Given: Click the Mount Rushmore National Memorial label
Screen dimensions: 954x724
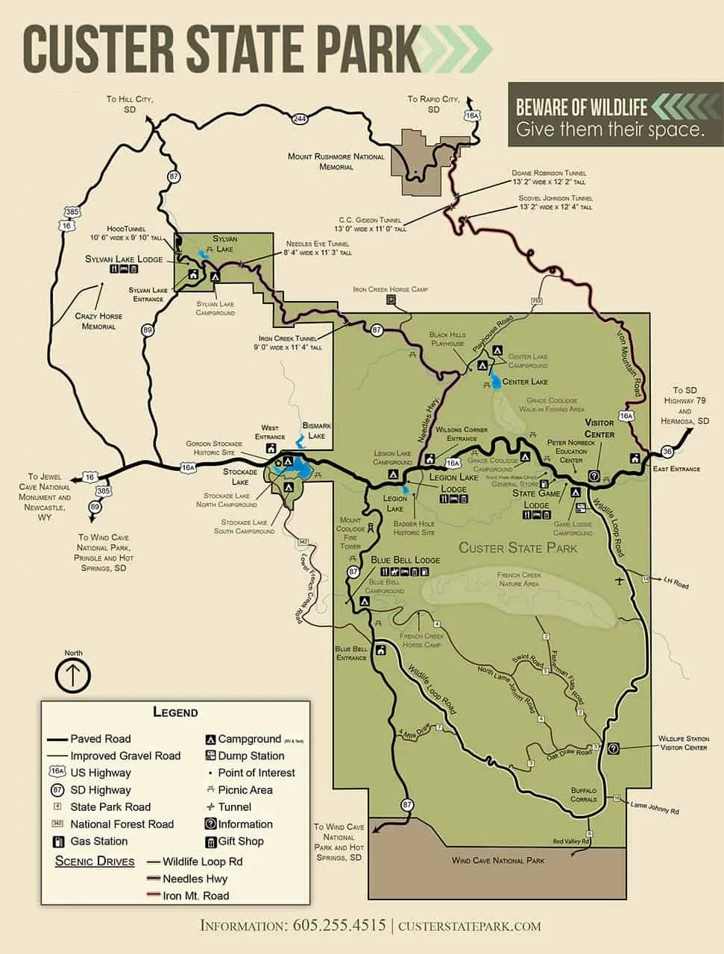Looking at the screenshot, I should (336, 162).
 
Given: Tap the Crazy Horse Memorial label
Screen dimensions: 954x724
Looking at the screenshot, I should (99, 321).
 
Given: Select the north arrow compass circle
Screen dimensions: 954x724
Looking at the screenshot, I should (73, 675).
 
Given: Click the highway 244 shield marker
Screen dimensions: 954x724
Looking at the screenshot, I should (300, 119).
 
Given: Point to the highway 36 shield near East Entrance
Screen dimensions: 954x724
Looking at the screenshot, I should (667, 452).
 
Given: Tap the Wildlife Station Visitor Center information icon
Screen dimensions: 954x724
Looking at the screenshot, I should (613, 748).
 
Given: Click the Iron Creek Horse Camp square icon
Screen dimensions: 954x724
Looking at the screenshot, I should (390, 300).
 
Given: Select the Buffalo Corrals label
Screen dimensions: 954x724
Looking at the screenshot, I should (583, 795).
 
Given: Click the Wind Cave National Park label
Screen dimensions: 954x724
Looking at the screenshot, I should (498, 860).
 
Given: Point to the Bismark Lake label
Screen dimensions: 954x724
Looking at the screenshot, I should (317, 431).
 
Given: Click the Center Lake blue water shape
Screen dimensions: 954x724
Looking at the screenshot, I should (495, 383).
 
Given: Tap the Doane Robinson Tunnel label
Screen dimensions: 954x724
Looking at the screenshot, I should (549, 177).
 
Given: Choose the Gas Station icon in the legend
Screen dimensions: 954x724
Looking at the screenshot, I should (58, 841).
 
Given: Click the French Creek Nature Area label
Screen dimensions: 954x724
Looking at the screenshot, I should (519, 579).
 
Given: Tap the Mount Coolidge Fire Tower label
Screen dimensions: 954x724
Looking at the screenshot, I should (350, 534).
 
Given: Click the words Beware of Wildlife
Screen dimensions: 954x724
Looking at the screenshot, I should (581, 107).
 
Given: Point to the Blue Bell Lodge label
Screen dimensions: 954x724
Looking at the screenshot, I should (405, 560).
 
